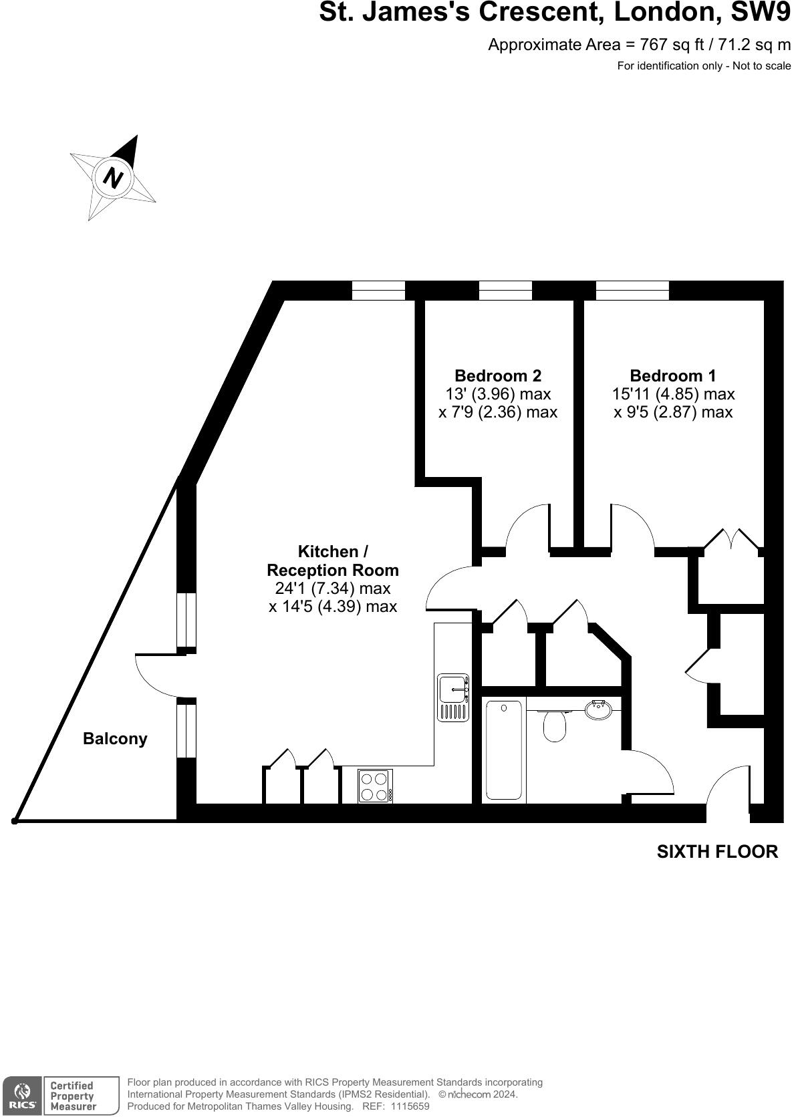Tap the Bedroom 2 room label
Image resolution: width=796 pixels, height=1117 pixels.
497,375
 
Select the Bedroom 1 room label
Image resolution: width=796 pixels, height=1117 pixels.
672,375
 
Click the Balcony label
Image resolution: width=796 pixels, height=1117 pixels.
115,739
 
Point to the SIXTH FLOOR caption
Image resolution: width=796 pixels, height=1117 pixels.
717,852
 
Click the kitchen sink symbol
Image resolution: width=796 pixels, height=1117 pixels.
453,697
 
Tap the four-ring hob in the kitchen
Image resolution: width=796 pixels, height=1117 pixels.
375,786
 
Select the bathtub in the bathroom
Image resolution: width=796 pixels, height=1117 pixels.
503,749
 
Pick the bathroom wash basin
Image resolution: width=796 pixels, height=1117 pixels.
598,709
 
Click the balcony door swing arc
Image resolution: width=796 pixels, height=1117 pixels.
152,676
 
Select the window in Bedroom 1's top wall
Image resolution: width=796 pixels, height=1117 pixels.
632,291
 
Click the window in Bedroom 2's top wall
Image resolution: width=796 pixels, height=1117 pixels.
505,291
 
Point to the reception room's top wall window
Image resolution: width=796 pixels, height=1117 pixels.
378,291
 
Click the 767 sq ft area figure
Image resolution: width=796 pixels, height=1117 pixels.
662,45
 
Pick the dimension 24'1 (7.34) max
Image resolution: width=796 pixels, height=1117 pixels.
332,589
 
